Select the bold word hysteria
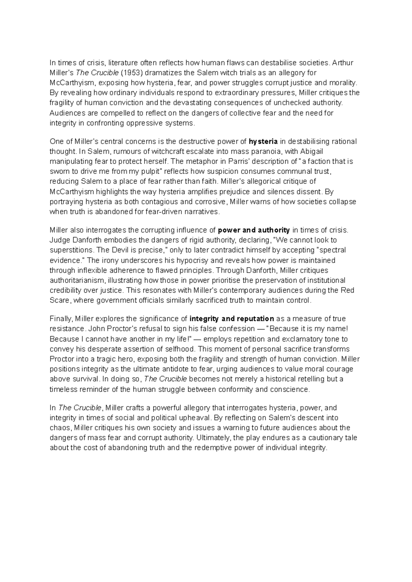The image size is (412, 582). (x=263, y=141)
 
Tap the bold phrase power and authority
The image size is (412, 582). (x=254, y=230)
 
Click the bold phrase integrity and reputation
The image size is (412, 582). (x=232, y=318)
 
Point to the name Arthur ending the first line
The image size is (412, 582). (x=343, y=63)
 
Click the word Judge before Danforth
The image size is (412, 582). (x=58, y=240)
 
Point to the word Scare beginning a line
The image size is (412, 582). (x=59, y=300)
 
